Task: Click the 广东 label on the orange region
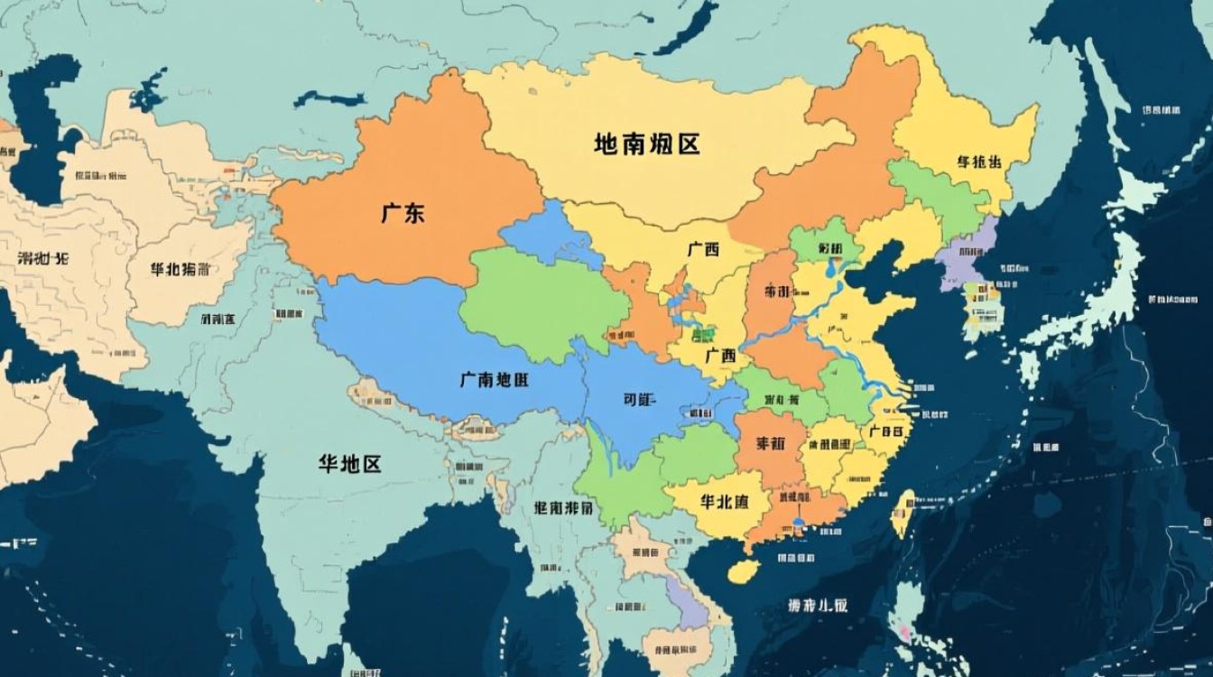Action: coord(403,214)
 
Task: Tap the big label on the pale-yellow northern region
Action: coord(647,144)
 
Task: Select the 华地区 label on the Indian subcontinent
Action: coord(349,464)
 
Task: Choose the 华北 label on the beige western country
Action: coord(181,269)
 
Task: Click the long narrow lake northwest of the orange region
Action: coord(329,97)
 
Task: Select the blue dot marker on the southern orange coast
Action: coord(799,523)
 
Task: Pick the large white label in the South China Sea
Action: coord(817,605)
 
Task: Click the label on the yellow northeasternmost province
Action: coord(978,162)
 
